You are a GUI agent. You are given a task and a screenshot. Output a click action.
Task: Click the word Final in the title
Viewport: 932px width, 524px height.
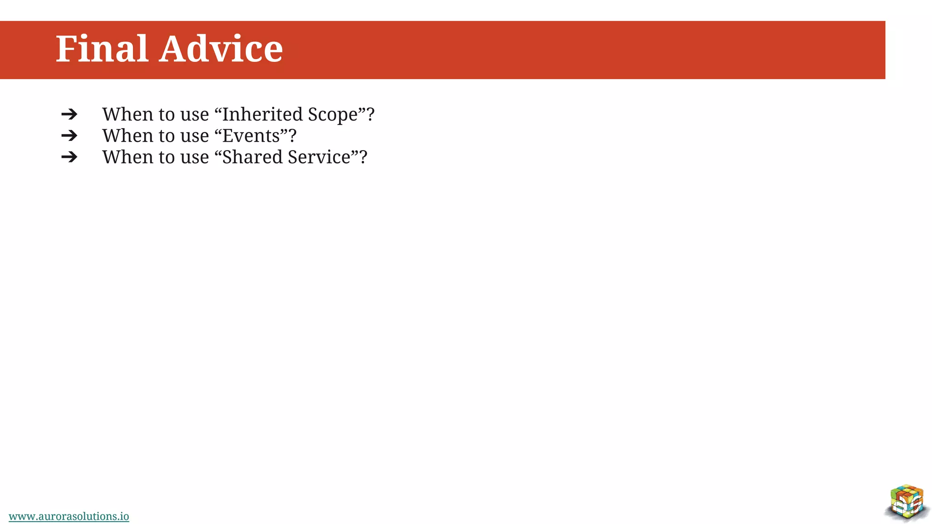[102, 49]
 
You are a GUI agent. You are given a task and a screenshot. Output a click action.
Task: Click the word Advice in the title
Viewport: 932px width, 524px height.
[221, 49]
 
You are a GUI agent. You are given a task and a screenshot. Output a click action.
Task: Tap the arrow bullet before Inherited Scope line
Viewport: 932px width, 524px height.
[69, 114]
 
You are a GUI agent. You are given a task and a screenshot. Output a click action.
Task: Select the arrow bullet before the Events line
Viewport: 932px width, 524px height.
[69, 136]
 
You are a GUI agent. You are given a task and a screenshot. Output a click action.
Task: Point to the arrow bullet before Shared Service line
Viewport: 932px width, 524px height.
[69, 157]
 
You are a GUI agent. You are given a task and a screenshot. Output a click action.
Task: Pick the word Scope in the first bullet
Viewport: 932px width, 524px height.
[333, 115]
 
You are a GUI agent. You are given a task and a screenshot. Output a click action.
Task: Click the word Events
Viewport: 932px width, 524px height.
[251, 136]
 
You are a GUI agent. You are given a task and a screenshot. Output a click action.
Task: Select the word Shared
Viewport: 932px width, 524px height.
[252, 157]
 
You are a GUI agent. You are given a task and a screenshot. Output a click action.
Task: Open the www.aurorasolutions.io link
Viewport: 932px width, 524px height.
[69, 516]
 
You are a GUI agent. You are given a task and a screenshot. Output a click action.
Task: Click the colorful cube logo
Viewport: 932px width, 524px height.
[907, 502]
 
